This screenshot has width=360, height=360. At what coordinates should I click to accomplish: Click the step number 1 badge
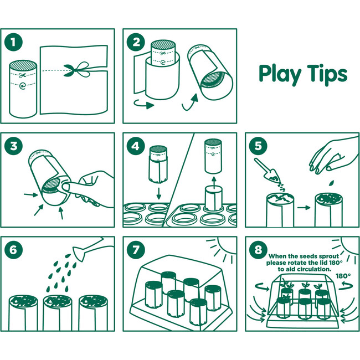pos(13,42)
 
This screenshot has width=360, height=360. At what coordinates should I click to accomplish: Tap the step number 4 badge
pos(136,146)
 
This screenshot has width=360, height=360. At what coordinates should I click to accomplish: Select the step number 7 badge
pos(136,250)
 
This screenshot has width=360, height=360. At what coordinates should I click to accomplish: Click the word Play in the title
pos(280,74)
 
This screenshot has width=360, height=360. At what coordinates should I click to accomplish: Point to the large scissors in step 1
pos(77,69)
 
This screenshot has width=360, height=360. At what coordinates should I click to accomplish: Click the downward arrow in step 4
pos(158,193)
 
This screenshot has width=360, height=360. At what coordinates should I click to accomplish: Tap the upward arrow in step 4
pos(214,182)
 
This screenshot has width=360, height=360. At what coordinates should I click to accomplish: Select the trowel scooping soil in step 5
pos(268,170)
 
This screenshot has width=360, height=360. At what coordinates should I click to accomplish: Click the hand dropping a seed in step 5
pos(333,155)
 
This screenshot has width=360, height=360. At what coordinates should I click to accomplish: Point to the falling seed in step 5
pos(331,183)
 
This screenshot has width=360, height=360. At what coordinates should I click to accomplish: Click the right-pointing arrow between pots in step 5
pos(304,208)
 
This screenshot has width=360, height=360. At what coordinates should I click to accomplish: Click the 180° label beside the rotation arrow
pos(343,276)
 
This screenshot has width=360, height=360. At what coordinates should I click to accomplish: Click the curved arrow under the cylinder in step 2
pos(144,105)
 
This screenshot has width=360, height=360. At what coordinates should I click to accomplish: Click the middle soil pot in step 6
pos(58,313)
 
